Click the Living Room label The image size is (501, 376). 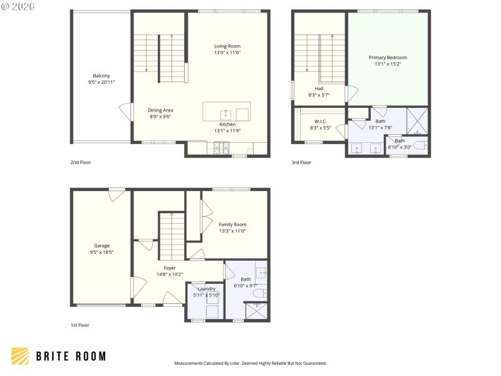point(227,46)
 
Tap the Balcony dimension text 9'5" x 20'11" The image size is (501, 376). point(101,82)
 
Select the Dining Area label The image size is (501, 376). point(160,110)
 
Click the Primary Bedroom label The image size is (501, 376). point(388,57)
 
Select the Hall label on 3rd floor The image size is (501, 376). point(319,88)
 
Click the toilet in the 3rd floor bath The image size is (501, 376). point(420,145)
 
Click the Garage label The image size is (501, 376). point(101,246)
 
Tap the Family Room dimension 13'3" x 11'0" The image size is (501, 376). point(232,231)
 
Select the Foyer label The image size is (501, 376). point(161,268)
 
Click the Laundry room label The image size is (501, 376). point(206,289)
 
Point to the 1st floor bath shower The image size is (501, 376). point(256,310)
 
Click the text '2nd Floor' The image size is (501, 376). point(81,162)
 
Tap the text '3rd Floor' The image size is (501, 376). point(301,162)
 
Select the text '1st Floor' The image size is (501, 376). point(80,325)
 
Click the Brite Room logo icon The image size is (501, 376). point(20,356)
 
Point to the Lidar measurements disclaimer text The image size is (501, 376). point(250,363)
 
